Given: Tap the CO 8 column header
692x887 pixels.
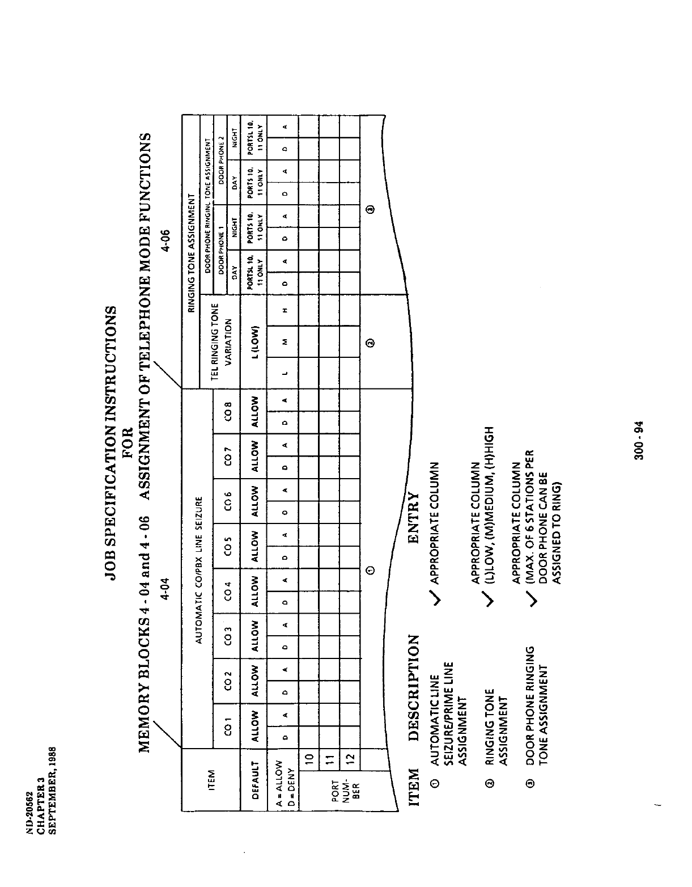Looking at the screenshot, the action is (227, 407).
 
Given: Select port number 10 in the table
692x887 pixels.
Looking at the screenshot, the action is (309, 759).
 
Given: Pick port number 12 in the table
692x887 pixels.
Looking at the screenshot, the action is (349, 759).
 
